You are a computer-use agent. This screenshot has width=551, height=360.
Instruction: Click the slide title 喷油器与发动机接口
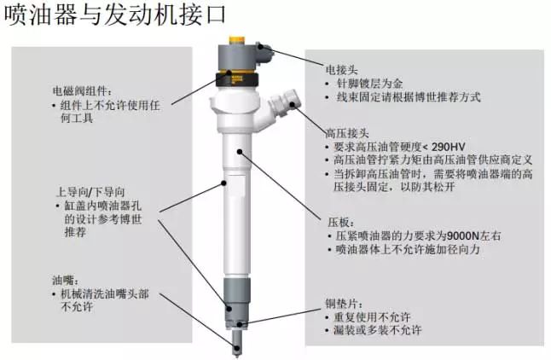click(113, 15)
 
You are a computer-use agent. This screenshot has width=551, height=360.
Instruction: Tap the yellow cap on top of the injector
click(238, 40)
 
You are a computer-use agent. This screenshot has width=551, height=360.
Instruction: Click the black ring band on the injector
click(238, 78)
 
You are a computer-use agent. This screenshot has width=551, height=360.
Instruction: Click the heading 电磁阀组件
click(83, 91)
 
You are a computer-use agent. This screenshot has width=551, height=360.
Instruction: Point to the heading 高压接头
click(347, 133)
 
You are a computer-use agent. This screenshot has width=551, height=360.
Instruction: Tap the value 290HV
click(449, 147)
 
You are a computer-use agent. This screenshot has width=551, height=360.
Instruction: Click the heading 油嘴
click(66, 280)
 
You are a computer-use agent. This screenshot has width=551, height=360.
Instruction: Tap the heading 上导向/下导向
click(90, 192)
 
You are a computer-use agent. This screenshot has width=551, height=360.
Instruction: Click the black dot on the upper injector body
click(240, 152)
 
